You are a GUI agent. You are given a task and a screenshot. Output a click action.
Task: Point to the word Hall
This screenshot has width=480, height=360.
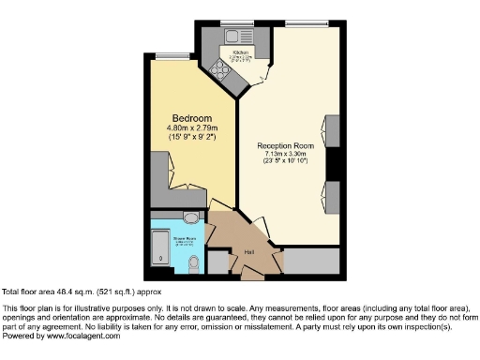[250, 252]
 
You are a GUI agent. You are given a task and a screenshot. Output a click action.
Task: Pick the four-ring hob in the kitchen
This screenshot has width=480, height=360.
[222, 67]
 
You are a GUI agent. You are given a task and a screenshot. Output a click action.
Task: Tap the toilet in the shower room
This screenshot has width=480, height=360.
[193, 265]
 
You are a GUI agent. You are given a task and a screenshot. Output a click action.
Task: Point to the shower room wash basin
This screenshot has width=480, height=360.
[191, 218]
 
